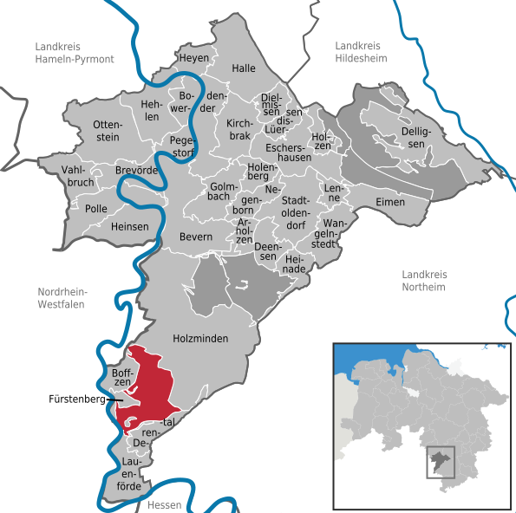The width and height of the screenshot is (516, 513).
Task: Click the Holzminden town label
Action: point(200,339)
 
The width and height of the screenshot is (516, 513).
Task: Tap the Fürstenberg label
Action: point(76,401)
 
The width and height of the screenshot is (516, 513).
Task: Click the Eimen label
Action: point(390,202)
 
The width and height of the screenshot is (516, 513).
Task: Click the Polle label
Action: point(96,209)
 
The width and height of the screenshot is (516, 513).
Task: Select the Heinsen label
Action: point(129,226)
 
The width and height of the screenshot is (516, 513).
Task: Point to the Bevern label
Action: point(195,237)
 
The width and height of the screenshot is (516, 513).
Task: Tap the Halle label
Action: point(244,68)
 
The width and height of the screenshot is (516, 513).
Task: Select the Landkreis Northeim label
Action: point(423,281)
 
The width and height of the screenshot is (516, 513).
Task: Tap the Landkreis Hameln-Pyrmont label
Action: point(75,53)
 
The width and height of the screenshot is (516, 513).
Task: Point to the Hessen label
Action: point(162,504)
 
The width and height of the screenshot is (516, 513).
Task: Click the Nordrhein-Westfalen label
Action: point(69,298)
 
